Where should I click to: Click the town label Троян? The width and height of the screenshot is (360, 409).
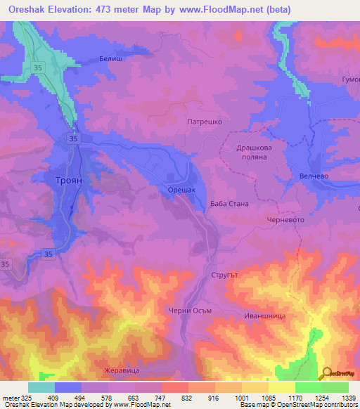pos(70,180)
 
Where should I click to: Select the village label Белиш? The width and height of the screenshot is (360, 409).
pos(111,59)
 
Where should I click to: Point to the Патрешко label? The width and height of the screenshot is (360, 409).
pos(205,122)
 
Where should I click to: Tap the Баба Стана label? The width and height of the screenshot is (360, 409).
pos(229,204)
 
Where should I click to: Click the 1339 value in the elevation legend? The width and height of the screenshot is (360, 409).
pos(349,397)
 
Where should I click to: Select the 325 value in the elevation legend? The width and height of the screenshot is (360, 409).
pos(27,397)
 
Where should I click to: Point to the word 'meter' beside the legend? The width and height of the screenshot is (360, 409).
pos(10,397)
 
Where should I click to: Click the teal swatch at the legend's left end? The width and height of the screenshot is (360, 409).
pos(41,387)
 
